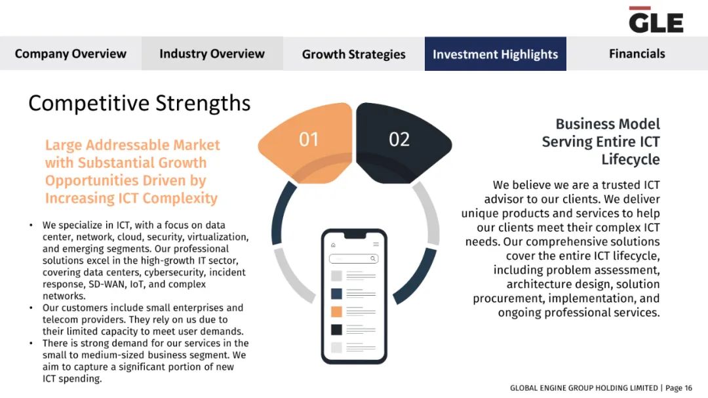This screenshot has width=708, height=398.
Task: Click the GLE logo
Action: click(x=656, y=20)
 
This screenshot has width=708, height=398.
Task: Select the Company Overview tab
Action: click(x=70, y=54)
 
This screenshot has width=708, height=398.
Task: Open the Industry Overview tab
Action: click(x=212, y=54)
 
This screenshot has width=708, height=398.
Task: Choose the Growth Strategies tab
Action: click(x=354, y=54)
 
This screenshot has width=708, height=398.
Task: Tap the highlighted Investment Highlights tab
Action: click(x=496, y=54)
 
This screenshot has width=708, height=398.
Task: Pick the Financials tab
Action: click(x=637, y=54)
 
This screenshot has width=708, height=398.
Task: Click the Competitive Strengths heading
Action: click(x=139, y=104)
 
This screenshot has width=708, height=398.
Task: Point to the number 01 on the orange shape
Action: click(x=309, y=139)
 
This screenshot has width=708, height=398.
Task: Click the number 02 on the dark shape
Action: click(x=399, y=139)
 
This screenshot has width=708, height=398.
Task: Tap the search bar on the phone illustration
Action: click(x=353, y=259)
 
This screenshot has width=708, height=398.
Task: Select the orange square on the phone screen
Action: click(x=336, y=311)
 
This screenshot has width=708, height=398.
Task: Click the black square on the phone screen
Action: click(x=336, y=330)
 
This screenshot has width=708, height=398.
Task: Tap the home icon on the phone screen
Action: click(x=333, y=245)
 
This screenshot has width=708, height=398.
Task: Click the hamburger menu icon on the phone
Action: click(x=376, y=245)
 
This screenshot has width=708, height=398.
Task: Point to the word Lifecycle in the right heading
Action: click(x=631, y=160)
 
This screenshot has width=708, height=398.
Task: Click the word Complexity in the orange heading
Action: click(x=180, y=198)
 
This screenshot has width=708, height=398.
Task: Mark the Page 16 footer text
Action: click(x=678, y=388)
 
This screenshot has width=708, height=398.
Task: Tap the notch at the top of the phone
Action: click(x=355, y=235)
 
